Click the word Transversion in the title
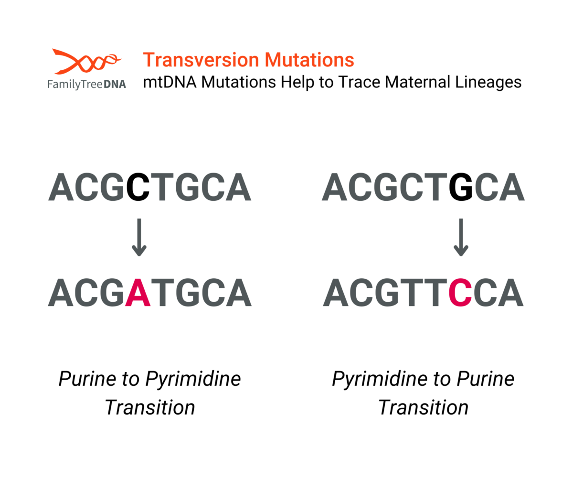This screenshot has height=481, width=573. point(201,60)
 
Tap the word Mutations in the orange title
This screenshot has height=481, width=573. point(309,60)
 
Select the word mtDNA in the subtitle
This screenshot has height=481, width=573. point(170,82)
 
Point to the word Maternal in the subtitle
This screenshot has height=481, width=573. point(417,82)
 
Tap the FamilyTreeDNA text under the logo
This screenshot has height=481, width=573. point(87,84)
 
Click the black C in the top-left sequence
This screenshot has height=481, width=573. point(138,187)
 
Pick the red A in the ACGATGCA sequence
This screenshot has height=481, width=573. point(138,292)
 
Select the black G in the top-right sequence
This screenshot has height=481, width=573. point(461,187)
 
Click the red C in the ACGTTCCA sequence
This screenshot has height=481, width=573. point(460,292)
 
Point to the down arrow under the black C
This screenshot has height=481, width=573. point(139,237)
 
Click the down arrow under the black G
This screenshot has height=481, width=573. point(461,237)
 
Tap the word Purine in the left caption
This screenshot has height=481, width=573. point(88,379)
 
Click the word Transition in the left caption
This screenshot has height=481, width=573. point(150,407)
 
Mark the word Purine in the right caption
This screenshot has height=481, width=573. point(486,379)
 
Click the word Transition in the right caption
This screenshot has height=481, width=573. point(423,407)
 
